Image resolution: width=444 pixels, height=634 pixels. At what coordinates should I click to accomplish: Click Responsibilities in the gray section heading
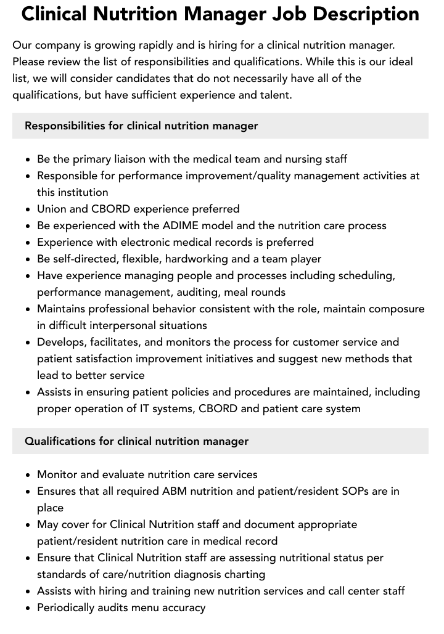click(x=65, y=126)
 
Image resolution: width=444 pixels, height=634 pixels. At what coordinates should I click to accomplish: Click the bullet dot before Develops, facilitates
click(x=28, y=343)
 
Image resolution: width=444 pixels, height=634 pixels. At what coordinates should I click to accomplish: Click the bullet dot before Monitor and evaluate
click(x=28, y=475)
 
